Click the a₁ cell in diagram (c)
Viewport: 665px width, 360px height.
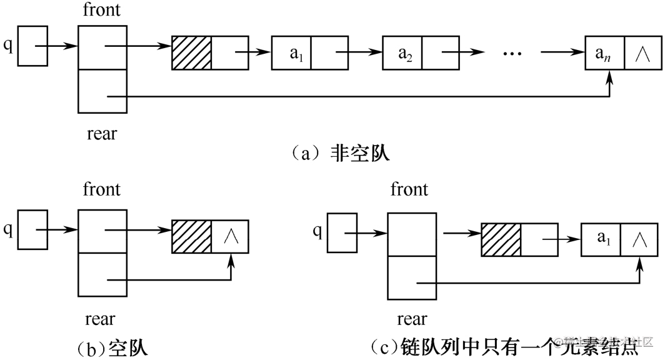(601, 239)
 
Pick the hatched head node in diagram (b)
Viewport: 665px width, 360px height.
(192, 236)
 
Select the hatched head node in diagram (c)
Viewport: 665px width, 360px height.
(501, 239)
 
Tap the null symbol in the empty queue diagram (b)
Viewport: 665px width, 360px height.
(230, 236)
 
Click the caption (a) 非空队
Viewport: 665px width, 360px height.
(340, 153)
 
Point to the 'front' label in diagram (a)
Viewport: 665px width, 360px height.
(102, 10)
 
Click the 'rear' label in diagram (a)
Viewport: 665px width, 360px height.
(101, 133)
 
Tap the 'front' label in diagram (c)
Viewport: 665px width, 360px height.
(409, 189)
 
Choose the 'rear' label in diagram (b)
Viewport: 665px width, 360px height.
(100, 319)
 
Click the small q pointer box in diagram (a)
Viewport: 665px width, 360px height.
(32, 46)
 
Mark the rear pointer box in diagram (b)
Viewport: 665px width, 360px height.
(102, 274)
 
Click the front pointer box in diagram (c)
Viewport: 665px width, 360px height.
(411, 235)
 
